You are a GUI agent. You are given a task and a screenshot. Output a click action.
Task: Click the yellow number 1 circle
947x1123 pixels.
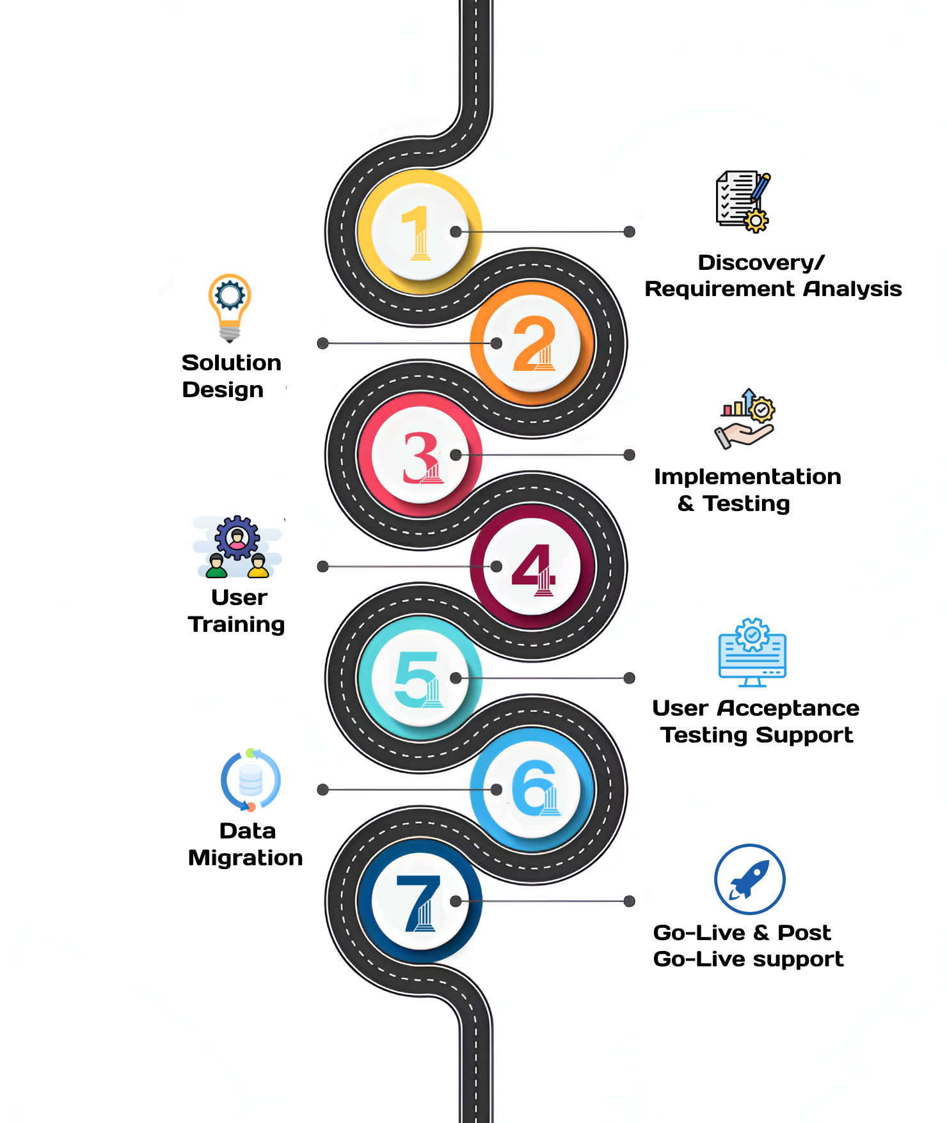[420, 232]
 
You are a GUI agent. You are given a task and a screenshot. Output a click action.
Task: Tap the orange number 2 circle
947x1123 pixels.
[532, 343]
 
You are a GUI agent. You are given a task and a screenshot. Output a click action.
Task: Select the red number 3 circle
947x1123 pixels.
[420, 455]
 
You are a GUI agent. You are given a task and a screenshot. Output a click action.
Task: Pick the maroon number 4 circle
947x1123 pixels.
[532, 567]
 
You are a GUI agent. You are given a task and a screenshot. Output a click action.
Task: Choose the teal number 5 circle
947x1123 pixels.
[420, 678]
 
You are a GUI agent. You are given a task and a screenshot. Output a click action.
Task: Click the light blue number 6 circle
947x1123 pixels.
[532, 790]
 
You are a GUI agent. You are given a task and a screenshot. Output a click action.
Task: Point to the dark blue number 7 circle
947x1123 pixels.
[420, 901]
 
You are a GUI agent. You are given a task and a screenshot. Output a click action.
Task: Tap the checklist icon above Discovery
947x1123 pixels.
[743, 201]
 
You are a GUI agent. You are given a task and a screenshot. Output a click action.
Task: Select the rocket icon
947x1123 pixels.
[749, 879]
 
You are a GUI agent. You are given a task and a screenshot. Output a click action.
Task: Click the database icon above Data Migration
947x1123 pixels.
[250, 780]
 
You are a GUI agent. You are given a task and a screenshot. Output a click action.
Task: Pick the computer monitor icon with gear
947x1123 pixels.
[752, 652]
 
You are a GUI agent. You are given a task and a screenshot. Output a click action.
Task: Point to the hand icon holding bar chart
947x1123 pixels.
[745, 419]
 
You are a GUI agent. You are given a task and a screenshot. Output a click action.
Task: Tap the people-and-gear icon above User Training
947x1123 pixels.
[237, 547]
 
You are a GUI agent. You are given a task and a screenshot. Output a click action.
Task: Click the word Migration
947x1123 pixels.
[245, 858]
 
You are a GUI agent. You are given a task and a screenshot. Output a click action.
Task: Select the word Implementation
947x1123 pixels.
[747, 477]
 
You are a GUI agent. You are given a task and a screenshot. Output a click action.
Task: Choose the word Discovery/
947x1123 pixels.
[761, 262]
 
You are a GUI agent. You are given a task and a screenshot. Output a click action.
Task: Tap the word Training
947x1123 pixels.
[236, 625]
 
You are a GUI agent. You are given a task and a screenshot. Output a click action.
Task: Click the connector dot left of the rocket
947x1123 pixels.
[630, 901]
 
